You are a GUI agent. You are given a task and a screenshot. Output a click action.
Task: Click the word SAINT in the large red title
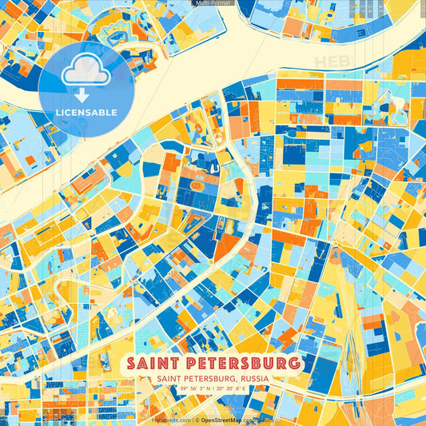[157, 364]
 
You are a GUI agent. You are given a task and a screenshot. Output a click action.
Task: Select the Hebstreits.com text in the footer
[171, 419]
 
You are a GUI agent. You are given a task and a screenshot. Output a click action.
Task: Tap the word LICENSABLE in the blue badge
[86, 112]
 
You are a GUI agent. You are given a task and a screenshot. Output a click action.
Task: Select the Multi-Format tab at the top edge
[213, 3]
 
